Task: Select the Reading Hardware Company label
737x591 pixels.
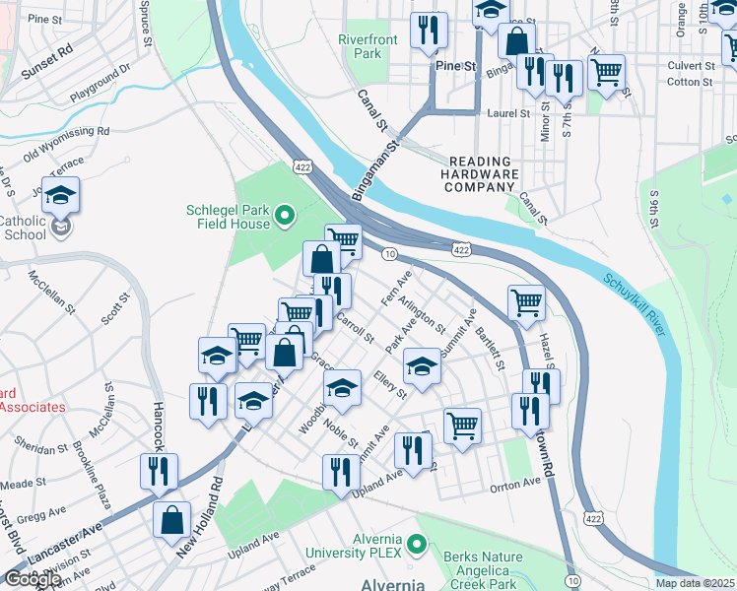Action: point(483,174)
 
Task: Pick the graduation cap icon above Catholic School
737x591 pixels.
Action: point(61,197)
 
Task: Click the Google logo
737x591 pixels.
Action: point(33,578)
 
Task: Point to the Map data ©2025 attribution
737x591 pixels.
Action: point(695,583)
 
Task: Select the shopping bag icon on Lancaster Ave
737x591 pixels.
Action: point(172,522)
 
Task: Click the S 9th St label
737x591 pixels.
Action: point(654,216)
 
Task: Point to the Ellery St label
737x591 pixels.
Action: point(390,384)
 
